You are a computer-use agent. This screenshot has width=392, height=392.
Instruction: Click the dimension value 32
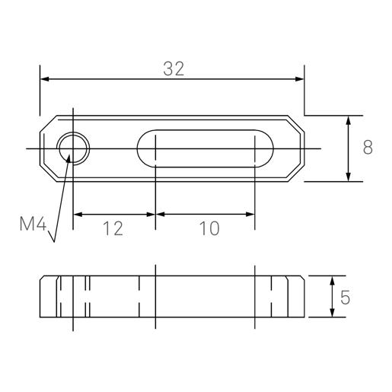[x=174, y=68]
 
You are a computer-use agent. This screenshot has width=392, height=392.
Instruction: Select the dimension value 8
[x=367, y=148]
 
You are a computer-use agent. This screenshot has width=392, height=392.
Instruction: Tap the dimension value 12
[x=113, y=228]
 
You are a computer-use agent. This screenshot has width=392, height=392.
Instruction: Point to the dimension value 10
[x=205, y=228]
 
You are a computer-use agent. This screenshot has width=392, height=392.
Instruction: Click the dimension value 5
[x=346, y=298]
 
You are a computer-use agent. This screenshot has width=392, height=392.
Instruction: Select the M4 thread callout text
[x=33, y=224]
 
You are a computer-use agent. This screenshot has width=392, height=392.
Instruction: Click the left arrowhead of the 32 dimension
[x=44, y=79]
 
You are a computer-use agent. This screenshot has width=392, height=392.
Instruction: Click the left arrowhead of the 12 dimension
[x=77, y=215]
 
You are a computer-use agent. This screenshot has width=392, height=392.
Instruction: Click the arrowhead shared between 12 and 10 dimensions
[x=155, y=215]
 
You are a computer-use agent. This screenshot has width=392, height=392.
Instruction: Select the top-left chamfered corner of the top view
[x=46, y=123]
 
